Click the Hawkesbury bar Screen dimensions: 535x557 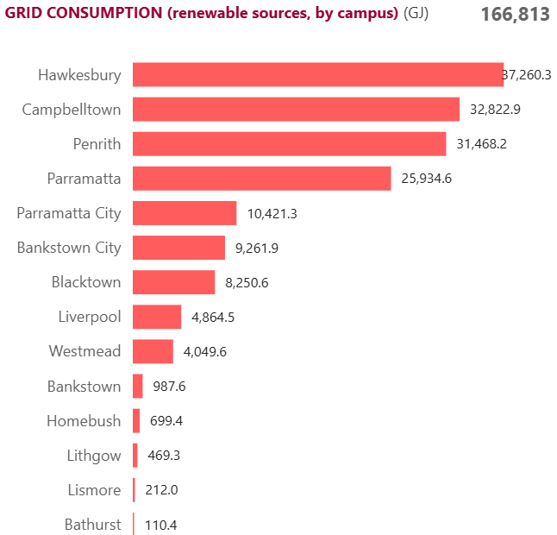coord(317,75)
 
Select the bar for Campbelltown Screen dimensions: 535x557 coord(296,110)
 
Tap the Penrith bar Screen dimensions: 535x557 coord(289,144)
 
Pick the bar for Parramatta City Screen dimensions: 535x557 coord(185,213)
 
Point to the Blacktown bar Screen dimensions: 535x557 coord(173,282)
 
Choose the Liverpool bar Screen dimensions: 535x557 coord(157,317)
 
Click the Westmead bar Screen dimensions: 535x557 coord(153,351)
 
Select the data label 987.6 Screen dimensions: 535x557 coord(169,386)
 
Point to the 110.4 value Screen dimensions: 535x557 coord(161,524)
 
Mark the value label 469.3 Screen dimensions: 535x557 coord(163,455)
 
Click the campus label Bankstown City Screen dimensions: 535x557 coord(69,248)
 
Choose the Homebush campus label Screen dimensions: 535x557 coord(84,420)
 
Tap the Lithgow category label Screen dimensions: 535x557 coord(94,455)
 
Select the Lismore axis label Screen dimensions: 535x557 coord(94,489)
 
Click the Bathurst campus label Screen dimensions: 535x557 coord(92,524)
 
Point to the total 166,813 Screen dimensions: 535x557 coord(515,15)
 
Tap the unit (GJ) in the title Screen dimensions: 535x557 coord(416,14)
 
